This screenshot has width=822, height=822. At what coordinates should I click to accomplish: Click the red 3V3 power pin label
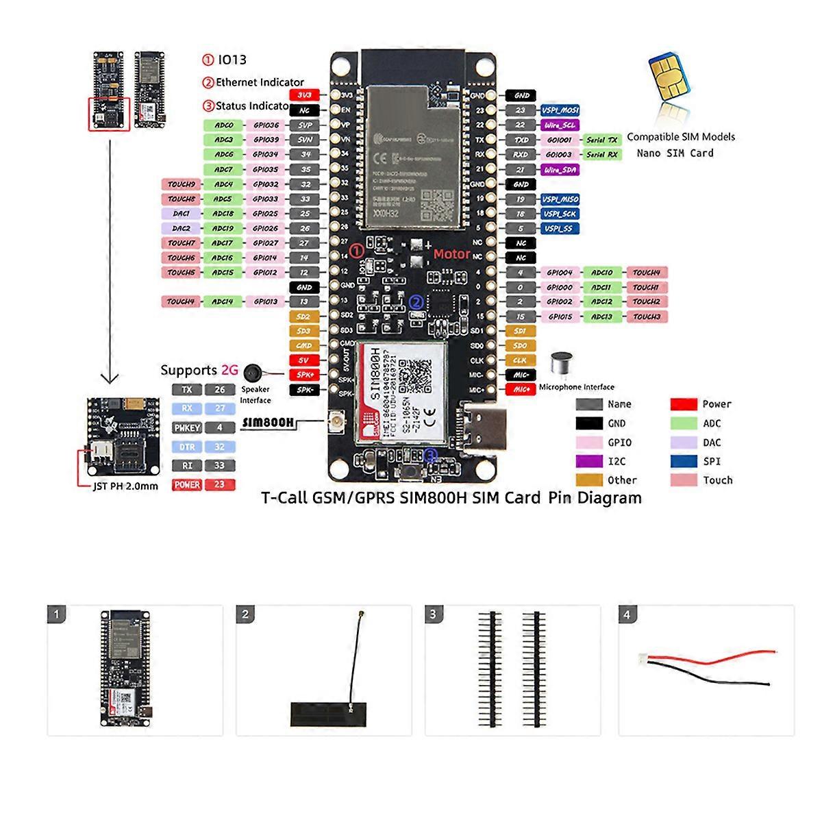304,95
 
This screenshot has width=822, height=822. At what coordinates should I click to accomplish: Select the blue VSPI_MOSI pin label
560,110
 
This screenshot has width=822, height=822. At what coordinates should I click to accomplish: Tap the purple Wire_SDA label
560,169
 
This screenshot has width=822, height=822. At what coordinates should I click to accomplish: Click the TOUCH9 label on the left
182,184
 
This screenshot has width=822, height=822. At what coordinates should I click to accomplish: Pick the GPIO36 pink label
265,125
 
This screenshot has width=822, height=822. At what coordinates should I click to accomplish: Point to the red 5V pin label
304,360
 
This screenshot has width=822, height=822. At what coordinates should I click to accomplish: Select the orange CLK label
520,360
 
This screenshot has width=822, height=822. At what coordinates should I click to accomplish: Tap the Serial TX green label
601,140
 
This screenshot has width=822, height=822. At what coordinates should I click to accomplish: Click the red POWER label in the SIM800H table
187,484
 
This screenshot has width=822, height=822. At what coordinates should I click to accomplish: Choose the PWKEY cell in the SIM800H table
187,427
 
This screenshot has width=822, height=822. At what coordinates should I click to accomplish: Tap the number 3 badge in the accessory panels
433,614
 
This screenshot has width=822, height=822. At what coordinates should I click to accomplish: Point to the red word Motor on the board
451,254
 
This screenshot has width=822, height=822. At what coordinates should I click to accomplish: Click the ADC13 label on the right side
601,316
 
